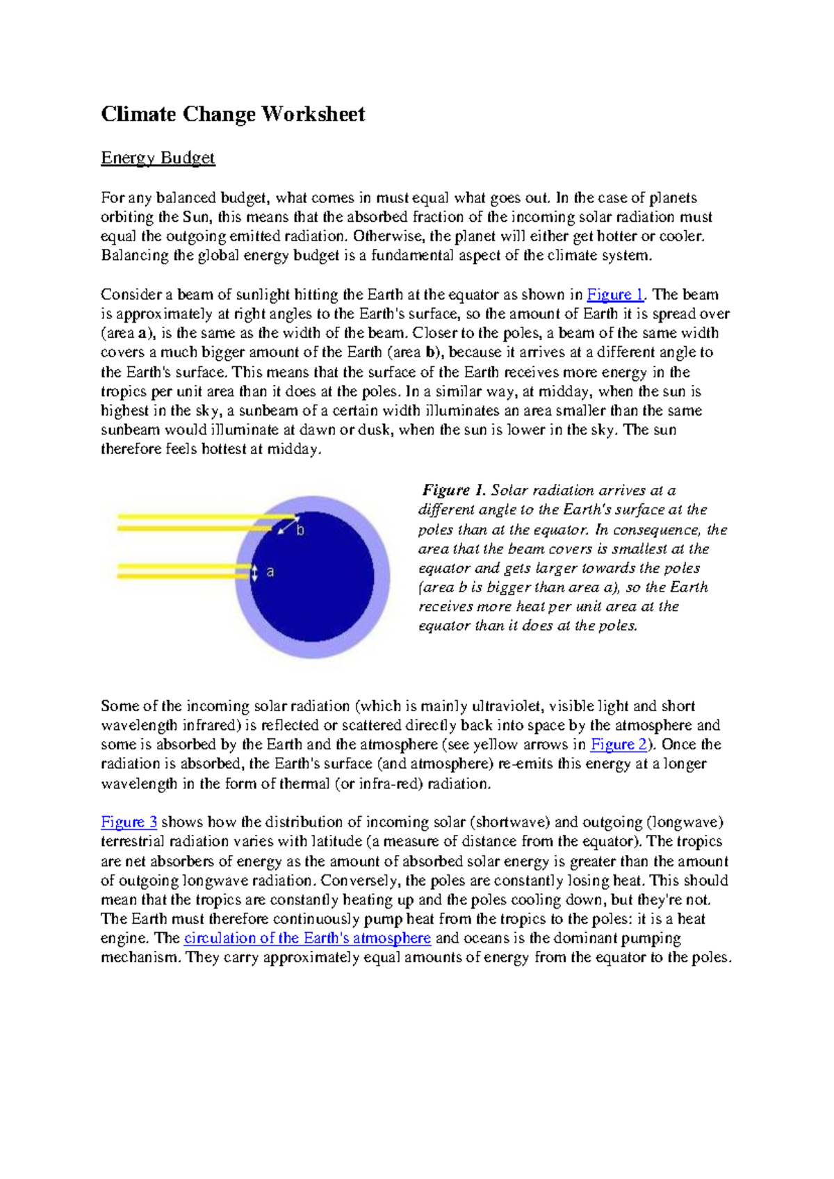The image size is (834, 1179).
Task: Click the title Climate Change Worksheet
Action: (233, 114)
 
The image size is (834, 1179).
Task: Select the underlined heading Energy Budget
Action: (158, 158)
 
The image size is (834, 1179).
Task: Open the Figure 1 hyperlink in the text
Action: (615, 295)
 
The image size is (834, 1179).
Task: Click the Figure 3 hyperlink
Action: (129, 822)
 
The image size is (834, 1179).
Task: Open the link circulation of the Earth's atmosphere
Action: (307, 938)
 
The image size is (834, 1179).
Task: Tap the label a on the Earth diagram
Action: (270, 572)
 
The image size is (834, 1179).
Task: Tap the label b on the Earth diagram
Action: (300, 530)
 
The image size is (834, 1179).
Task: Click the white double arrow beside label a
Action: (254, 573)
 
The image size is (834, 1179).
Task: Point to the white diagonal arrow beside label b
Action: (287, 526)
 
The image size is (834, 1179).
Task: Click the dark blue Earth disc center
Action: (312, 576)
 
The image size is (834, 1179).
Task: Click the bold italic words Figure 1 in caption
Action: (452, 491)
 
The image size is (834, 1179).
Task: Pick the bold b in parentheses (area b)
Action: (429, 352)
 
